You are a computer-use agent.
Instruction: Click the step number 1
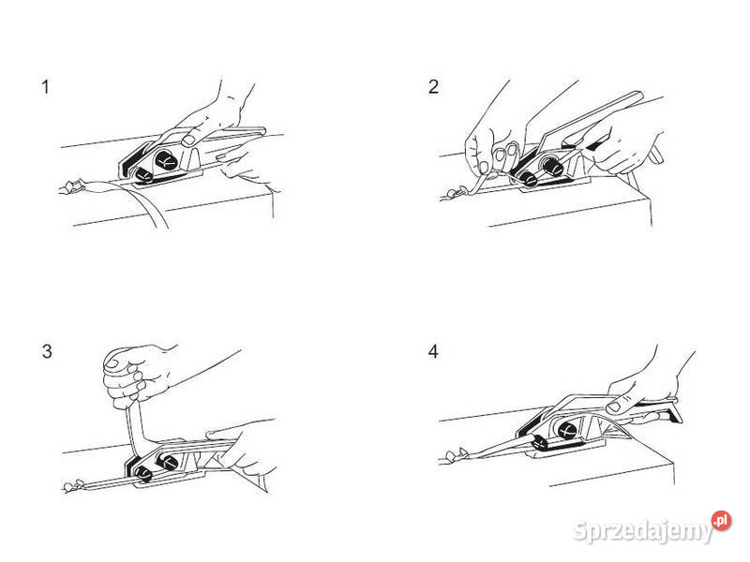[x=45, y=87]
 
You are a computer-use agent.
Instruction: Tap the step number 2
[x=433, y=86]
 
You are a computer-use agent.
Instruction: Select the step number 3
[x=47, y=351]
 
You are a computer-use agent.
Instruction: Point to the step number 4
[x=433, y=351]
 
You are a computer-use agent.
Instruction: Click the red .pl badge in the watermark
[x=721, y=521]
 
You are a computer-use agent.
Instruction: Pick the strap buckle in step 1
[x=73, y=186]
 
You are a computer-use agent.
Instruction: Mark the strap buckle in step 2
[x=457, y=192]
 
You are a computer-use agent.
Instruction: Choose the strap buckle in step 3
[x=73, y=485]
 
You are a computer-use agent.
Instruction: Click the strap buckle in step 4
[x=456, y=454]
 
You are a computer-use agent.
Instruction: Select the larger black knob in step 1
[x=167, y=160]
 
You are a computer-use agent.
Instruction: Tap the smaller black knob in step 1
[x=143, y=175]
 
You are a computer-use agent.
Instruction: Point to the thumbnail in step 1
[x=188, y=140]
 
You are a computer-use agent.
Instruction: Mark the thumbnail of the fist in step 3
[x=112, y=362]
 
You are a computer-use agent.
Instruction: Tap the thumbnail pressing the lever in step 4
[x=613, y=407]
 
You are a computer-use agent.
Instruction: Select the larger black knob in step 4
[x=566, y=430]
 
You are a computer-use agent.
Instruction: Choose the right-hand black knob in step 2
[x=551, y=166]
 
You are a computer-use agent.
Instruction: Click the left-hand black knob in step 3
[x=143, y=474]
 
